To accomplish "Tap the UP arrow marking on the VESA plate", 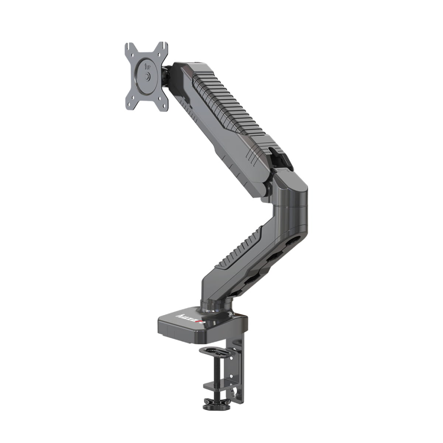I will pos(147,68).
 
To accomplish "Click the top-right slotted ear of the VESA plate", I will pos(164,48).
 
